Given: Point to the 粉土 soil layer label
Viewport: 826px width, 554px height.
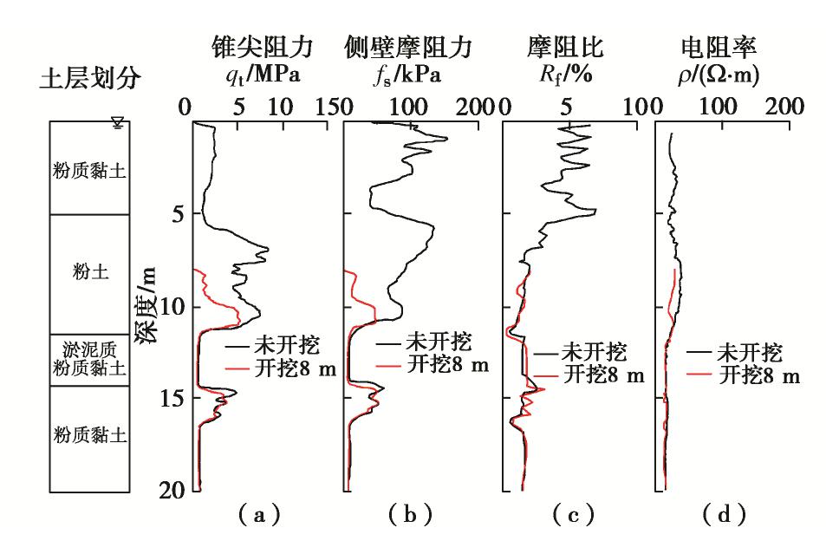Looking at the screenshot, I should click(x=91, y=272).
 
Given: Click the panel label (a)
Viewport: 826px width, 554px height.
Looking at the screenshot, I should click(x=257, y=517).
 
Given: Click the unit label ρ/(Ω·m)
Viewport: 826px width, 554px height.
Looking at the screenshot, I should click(x=719, y=75).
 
